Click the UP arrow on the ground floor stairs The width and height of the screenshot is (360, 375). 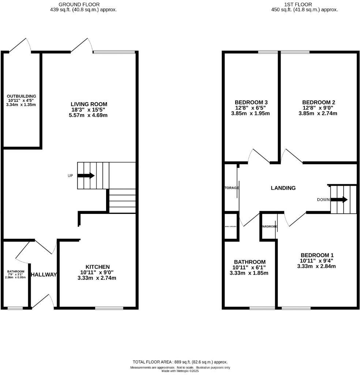tap(86, 176)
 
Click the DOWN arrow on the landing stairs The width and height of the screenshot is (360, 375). tap(340, 200)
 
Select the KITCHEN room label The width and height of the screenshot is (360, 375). tap(98, 267)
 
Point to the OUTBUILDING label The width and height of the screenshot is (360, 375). tap(22, 96)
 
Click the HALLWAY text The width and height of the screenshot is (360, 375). tap(44, 275)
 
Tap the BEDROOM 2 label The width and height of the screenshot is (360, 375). tap(319, 102)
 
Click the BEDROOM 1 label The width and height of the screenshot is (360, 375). tap(317, 255)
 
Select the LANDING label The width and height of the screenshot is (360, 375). tap(283, 188)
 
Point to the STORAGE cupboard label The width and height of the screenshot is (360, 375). tap(231, 188)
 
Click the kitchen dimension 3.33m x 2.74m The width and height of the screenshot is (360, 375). tap(97, 278)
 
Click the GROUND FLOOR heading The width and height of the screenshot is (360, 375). tap(84, 4)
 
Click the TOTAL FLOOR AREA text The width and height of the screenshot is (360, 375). tap(180, 361)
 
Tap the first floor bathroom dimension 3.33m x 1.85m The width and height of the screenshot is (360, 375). tap(249, 273)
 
